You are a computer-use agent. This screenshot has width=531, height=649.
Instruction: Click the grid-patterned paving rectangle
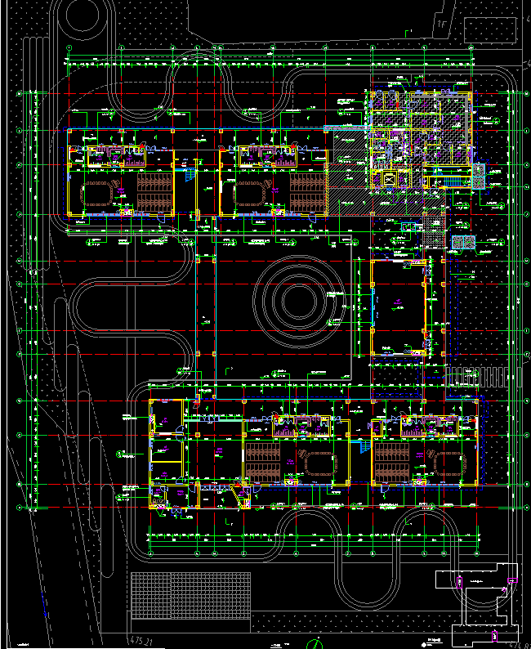(190, 595)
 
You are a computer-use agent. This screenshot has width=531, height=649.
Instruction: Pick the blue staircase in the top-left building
(190, 174)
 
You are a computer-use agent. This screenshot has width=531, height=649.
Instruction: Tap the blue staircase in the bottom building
(360, 448)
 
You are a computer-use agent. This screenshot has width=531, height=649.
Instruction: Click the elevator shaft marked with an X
(388, 180)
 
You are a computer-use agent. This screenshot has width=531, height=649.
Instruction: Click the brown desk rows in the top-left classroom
(154, 192)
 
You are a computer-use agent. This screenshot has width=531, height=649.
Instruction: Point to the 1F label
(442, 25)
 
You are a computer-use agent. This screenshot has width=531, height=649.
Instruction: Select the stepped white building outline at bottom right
(478, 601)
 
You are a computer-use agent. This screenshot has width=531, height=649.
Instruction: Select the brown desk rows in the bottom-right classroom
(392, 464)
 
